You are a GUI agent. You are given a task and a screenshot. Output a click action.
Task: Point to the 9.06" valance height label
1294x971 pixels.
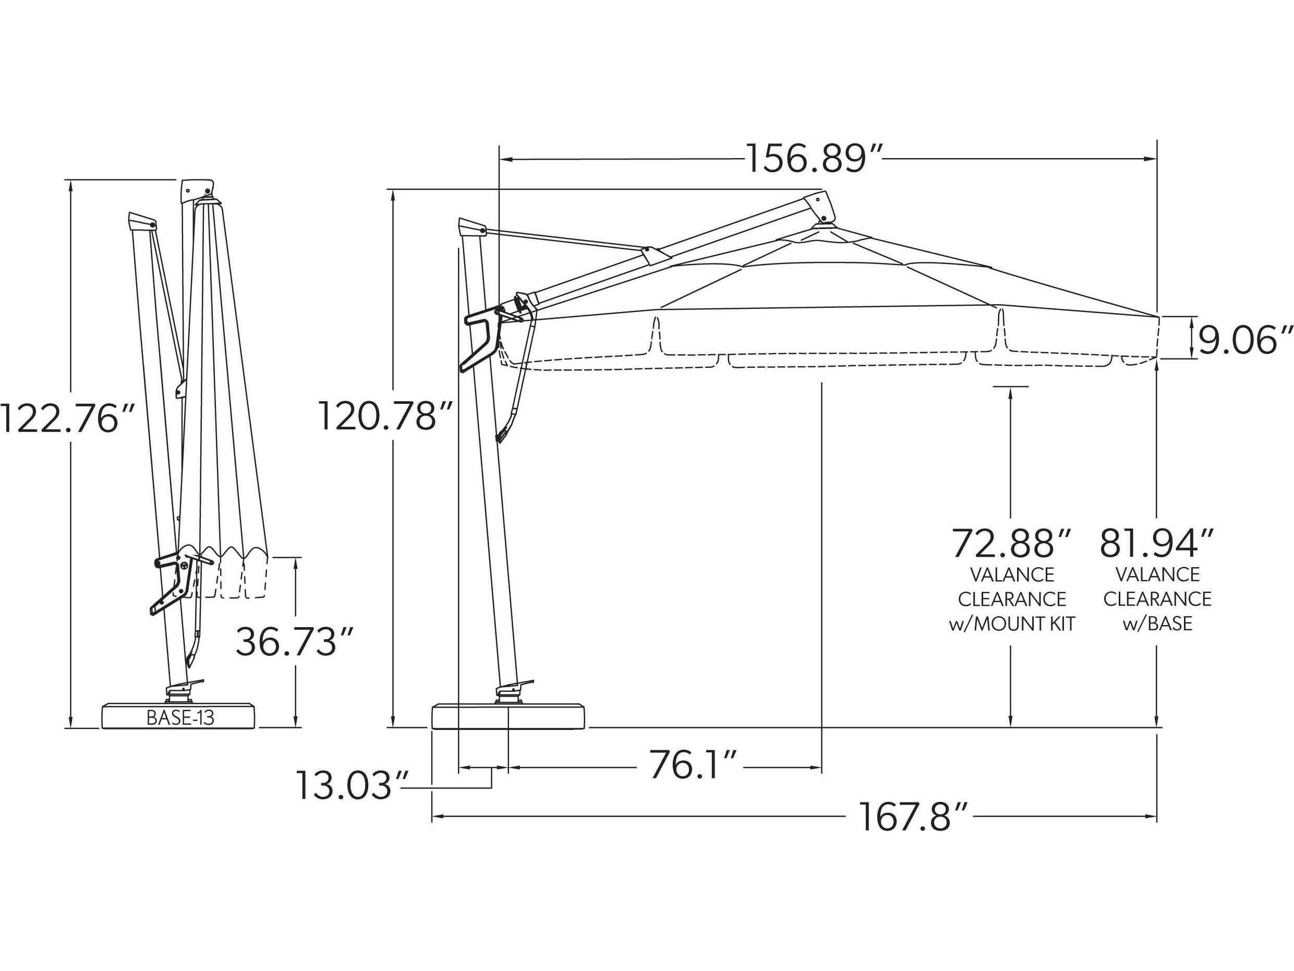click(x=1244, y=341)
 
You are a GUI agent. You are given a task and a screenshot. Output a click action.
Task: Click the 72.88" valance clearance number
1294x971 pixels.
click(x=1011, y=544)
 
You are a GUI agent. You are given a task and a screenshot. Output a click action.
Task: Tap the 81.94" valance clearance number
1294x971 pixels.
click(x=1156, y=544)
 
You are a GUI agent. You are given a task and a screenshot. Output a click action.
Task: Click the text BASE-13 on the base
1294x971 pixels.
click(x=180, y=717)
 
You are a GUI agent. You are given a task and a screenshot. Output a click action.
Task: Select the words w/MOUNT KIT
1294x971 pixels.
click(x=1011, y=624)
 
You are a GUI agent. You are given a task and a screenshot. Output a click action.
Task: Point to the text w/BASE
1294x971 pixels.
click(x=1157, y=624)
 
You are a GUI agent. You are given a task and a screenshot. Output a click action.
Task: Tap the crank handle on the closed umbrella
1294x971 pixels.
click(x=170, y=585)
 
